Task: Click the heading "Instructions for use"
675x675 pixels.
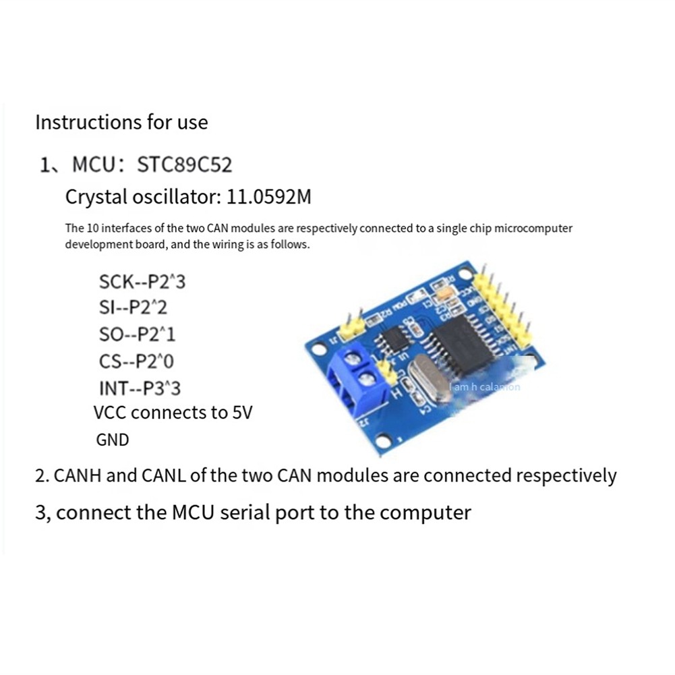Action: coord(121,123)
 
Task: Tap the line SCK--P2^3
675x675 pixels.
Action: coord(142,282)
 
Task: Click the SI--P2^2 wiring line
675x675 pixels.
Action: coord(133,308)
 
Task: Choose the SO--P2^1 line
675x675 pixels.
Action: coord(137,334)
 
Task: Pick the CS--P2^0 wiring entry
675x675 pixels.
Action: coord(136,361)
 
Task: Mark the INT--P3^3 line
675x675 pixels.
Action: coord(140,388)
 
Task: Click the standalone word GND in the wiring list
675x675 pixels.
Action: coord(113,440)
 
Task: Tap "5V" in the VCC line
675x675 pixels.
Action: coord(241,413)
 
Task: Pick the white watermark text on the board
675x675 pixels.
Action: coord(486,387)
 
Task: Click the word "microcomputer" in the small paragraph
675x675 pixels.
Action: coord(533,229)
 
